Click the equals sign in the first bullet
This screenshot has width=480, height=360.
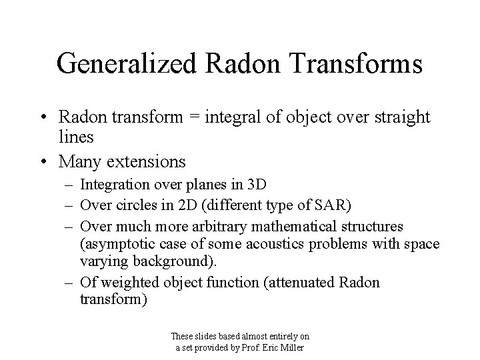(x=196, y=117)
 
